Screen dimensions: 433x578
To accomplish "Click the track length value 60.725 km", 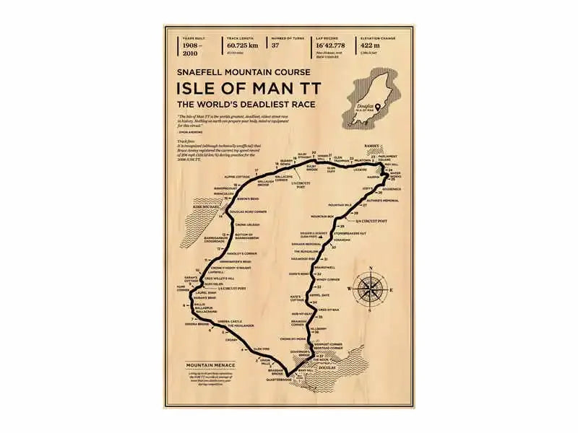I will click(x=242, y=45).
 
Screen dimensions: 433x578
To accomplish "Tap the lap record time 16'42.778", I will click(x=332, y=45).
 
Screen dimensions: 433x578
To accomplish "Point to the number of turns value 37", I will click(x=277, y=45).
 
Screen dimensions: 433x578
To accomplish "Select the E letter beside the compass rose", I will click(x=391, y=290).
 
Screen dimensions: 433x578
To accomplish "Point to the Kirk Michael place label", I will click(x=201, y=207).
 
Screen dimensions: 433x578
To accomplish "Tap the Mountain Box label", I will click(x=322, y=216).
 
